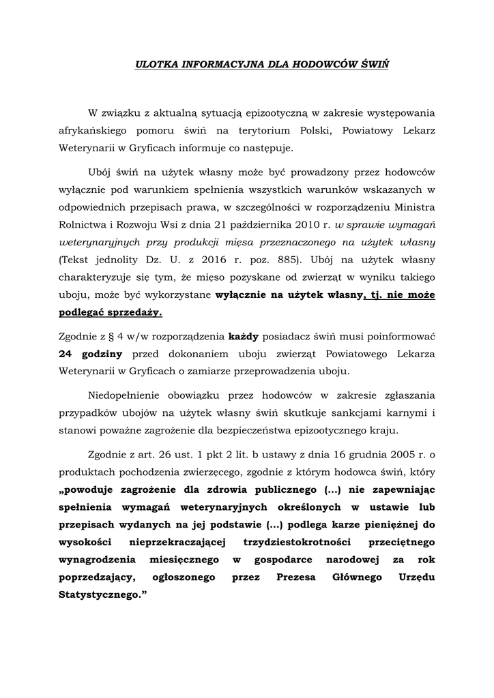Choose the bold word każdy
coord(243,336)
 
